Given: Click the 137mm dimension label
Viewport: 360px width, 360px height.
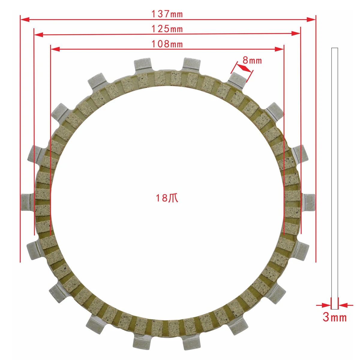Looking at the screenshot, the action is pos(167,14).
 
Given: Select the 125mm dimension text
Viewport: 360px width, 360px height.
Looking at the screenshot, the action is pos(167,29).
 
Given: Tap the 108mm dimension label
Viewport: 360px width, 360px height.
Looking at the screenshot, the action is pos(167,44).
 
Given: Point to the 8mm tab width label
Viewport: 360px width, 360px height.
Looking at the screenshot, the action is pos(252,60).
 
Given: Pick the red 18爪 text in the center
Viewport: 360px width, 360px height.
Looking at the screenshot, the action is pos(167,198).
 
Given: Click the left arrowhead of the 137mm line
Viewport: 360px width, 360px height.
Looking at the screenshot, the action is pos(25,19).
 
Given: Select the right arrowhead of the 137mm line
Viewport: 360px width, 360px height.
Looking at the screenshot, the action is pos(311,19).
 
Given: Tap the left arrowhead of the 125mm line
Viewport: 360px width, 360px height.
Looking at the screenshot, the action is pos(39,34).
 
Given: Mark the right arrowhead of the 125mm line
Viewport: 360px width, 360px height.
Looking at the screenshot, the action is pos(296,34).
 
